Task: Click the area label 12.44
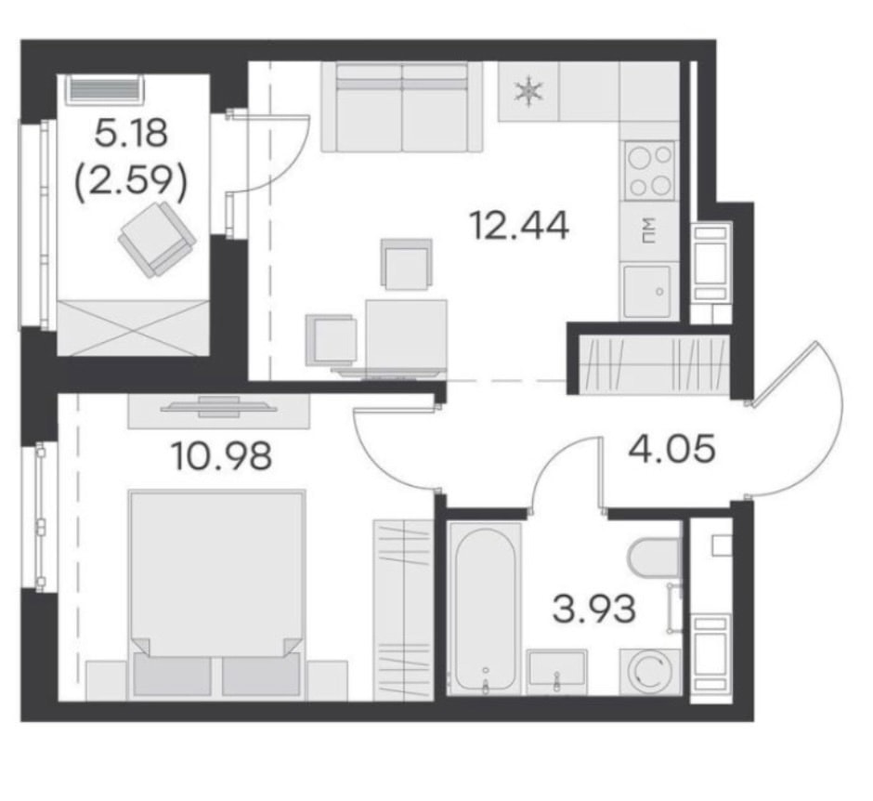click(x=519, y=226)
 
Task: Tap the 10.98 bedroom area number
click(x=222, y=455)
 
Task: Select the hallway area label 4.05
click(x=671, y=449)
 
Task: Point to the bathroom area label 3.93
click(x=593, y=609)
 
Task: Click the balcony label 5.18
click(x=131, y=134)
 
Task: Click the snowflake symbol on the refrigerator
click(x=528, y=91)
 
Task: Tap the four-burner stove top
click(x=649, y=170)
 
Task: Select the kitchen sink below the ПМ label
click(x=647, y=292)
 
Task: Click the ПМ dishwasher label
click(x=648, y=231)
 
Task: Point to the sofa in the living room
click(x=402, y=107)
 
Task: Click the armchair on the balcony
click(x=157, y=239)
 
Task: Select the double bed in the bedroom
click(x=216, y=593)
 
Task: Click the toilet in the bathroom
click(x=655, y=557)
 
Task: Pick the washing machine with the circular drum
click(x=650, y=672)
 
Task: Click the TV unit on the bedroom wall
click(x=219, y=411)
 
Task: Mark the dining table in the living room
click(x=407, y=335)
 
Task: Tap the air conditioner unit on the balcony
click(x=105, y=90)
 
